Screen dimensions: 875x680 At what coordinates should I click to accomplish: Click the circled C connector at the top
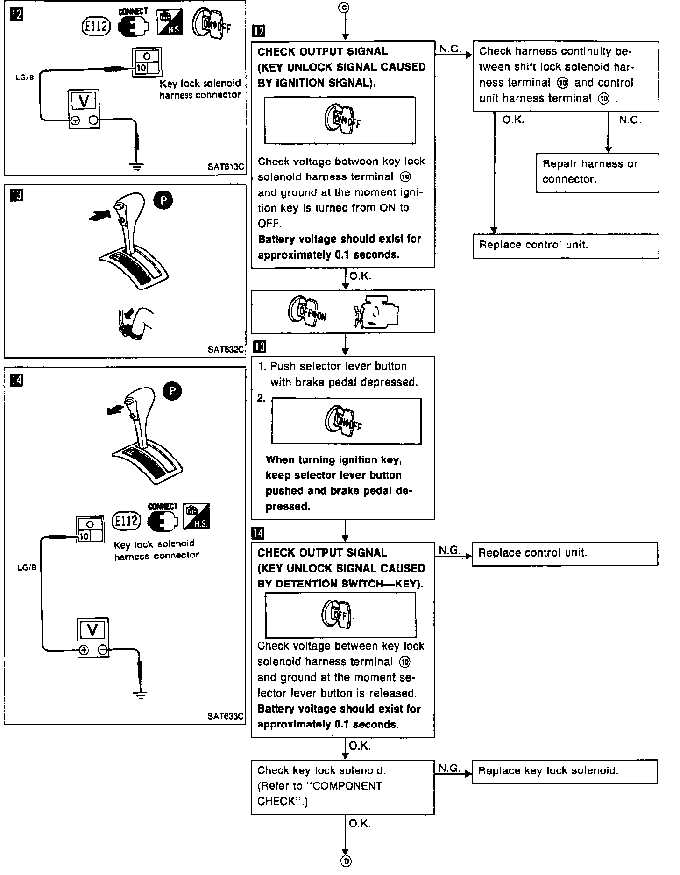click(345, 7)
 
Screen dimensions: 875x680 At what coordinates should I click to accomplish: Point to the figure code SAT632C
click(227, 349)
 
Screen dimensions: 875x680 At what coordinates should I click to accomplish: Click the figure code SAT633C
click(226, 716)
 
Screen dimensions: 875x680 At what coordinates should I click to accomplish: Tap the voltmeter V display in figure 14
click(92, 630)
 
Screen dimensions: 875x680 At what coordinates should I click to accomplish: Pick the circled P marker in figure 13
click(163, 200)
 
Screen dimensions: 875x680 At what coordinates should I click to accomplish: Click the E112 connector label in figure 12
click(96, 27)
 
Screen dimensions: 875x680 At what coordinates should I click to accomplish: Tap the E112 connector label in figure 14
click(127, 520)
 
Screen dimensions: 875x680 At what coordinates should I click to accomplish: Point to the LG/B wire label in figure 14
click(27, 568)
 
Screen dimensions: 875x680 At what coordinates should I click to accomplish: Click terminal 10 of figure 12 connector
click(142, 68)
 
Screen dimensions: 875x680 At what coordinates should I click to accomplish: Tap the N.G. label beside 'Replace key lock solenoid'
click(448, 768)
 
